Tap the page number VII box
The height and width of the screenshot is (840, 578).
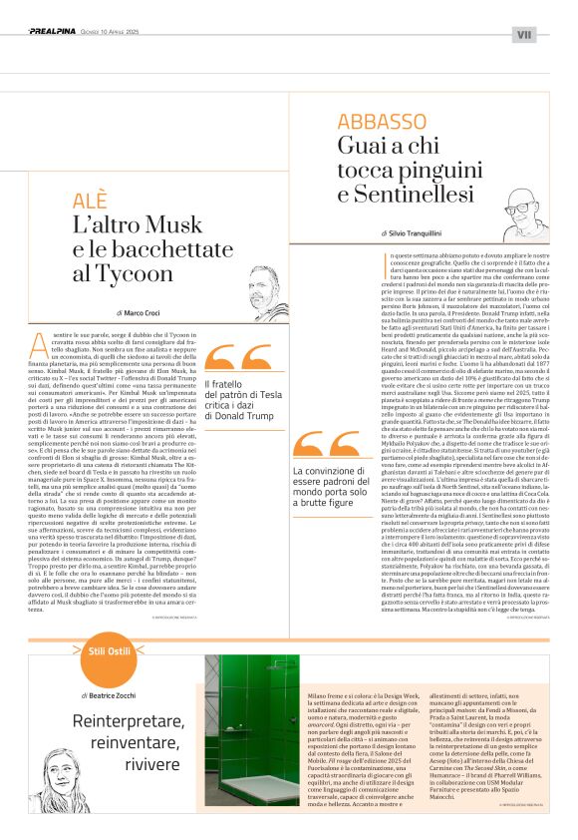(x=524, y=34)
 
